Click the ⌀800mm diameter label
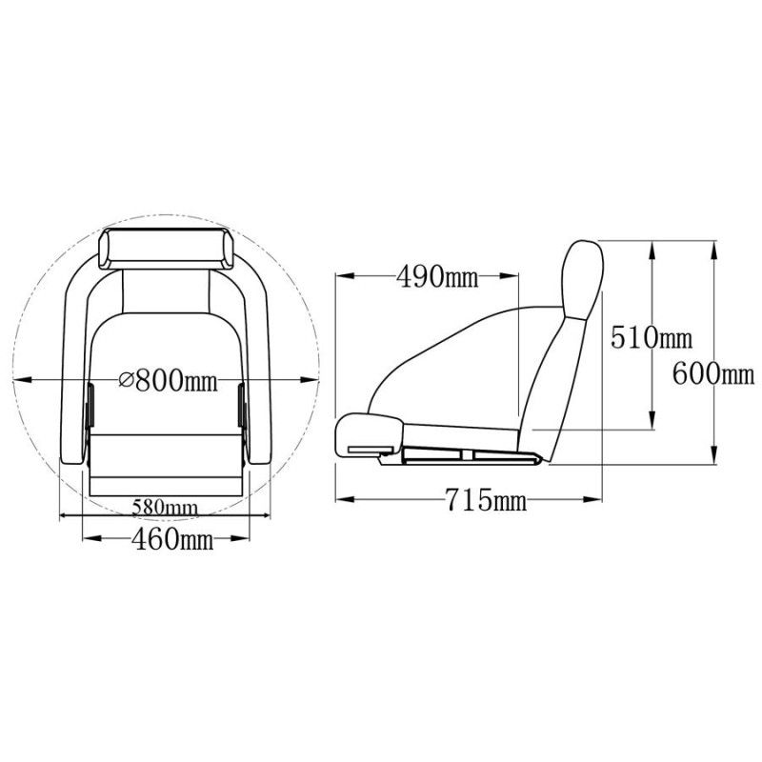[x=169, y=380]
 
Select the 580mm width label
[x=165, y=508]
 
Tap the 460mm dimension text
[x=172, y=538]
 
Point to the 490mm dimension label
[x=437, y=277]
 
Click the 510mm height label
[x=652, y=337]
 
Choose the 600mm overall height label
[x=713, y=374]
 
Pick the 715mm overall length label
[x=486, y=499]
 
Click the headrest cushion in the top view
[x=167, y=249]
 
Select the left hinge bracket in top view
[x=90, y=406]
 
